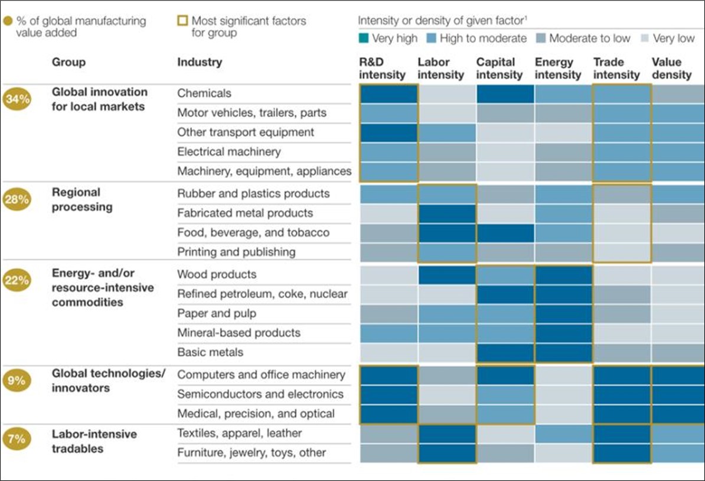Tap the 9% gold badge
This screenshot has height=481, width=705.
coord(17,381)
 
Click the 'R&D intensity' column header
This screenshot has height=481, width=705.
coord(382,69)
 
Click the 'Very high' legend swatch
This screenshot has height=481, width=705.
coord(364,38)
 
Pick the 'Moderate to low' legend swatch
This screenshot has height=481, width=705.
coord(541,38)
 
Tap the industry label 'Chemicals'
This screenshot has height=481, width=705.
coord(204,93)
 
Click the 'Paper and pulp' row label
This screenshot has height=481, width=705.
coord(217,313)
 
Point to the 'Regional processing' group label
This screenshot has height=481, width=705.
coord(82,200)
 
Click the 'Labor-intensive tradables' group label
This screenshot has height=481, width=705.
coord(94,441)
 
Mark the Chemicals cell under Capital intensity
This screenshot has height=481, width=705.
coord(504,94)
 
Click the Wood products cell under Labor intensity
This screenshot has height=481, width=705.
coord(446,275)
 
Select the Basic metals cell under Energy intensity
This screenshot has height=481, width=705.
coord(563,353)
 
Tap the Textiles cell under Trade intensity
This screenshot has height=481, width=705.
coord(621,434)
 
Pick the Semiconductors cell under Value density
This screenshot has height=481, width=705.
coord(678,395)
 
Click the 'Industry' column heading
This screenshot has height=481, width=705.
coord(200,62)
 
